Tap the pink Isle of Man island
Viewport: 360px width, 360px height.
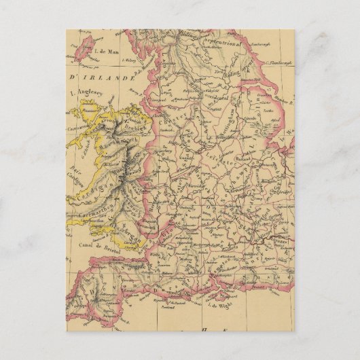(86, 48)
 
